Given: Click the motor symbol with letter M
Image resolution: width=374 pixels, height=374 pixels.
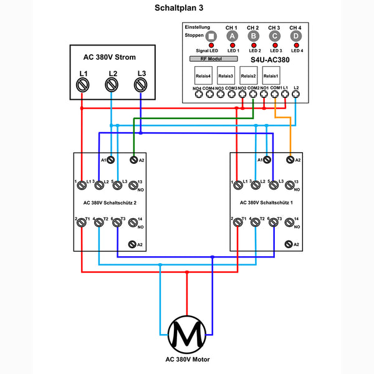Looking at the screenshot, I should pos(187,335).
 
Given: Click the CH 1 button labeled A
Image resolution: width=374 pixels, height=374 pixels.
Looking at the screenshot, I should pos(232,36).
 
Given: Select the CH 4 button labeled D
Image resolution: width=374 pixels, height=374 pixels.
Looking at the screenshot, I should pos(295,36).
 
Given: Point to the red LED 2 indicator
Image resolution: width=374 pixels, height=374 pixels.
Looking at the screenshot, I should pos(253,46).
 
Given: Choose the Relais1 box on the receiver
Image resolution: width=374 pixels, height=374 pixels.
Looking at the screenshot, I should pos(271,77).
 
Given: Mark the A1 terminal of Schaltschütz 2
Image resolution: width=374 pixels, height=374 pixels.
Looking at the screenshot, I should pos(110,160).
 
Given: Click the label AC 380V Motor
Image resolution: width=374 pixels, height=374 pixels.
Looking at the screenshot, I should pos(187,360).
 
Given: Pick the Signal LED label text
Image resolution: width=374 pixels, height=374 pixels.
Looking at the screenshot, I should pos(206,50).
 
